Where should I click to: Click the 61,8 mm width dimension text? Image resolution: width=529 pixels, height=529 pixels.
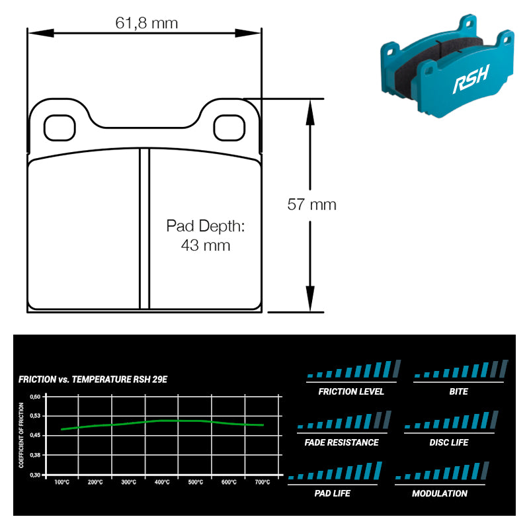147,23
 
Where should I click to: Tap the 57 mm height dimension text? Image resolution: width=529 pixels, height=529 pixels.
311,204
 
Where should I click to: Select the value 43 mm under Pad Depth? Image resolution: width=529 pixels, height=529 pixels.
206,245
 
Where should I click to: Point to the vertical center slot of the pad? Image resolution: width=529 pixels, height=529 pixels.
144,228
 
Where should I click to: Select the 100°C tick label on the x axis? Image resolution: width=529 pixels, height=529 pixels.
62,482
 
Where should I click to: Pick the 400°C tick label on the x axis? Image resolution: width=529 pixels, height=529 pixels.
162,482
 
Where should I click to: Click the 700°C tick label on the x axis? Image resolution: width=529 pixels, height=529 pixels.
263,482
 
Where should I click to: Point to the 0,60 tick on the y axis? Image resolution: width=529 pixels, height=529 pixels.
35,397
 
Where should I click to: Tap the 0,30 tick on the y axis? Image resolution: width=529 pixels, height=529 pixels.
35,475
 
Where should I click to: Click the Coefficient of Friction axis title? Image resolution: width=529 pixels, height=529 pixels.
21,436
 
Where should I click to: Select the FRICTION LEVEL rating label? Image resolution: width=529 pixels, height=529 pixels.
351,391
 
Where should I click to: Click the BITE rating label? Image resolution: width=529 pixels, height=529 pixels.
458,391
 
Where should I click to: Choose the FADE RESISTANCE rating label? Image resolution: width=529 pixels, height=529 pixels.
342,442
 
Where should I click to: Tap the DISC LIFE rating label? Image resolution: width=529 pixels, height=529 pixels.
449,442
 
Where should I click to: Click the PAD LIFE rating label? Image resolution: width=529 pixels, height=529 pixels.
333,493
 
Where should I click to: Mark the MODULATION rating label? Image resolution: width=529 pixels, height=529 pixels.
440,493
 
